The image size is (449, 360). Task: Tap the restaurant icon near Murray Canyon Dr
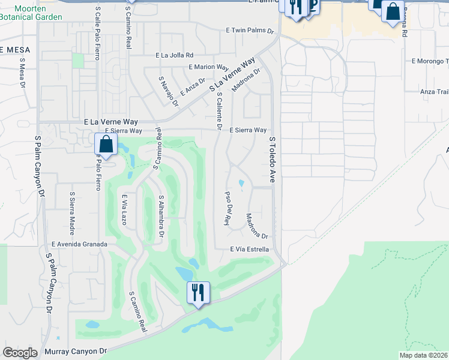(x=197, y=293)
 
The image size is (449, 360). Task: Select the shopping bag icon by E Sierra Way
(x=106, y=145)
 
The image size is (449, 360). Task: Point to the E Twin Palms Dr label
(x=250, y=29)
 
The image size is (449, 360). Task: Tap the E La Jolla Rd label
(x=174, y=55)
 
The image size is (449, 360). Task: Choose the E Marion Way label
(x=208, y=67)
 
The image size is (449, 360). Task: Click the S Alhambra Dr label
(x=161, y=215)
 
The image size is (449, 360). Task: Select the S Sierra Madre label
(x=71, y=208)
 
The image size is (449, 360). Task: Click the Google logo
(x=20, y=352)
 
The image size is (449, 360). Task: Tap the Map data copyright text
(x=423, y=355)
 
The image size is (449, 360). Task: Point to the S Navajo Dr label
(x=169, y=91)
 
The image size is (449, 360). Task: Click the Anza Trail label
(x=435, y=91)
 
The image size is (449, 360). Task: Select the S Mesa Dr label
(x=23, y=73)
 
